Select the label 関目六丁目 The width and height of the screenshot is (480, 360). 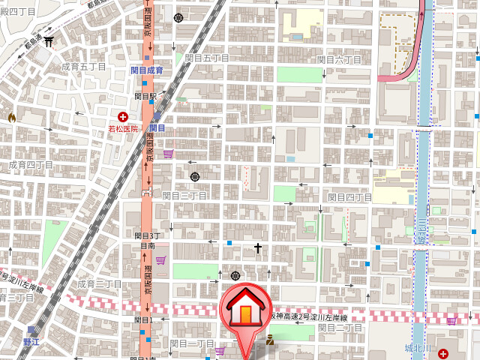click(x=339, y=59)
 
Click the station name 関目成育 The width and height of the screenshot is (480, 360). click(x=146, y=70)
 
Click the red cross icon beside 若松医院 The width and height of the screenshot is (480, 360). click(x=123, y=116)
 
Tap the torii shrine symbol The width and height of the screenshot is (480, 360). click(x=49, y=42)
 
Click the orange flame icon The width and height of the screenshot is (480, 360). click(x=11, y=117)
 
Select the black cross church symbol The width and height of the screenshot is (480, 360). click(x=258, y=247)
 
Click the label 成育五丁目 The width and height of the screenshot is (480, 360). click(x=83, y=67)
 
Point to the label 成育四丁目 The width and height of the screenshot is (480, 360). click(x=31, y=164)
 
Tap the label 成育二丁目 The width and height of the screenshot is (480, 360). click(x=99, y=284)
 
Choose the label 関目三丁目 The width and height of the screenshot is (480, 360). click(x=184, y=195)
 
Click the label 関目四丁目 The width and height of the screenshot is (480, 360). click(x=350, y=197)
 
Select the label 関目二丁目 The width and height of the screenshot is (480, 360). click(x=340, y=328)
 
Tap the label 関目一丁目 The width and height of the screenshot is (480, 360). click(x=192, y=343)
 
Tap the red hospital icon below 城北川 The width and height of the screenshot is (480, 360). click(x=442, y=352)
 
